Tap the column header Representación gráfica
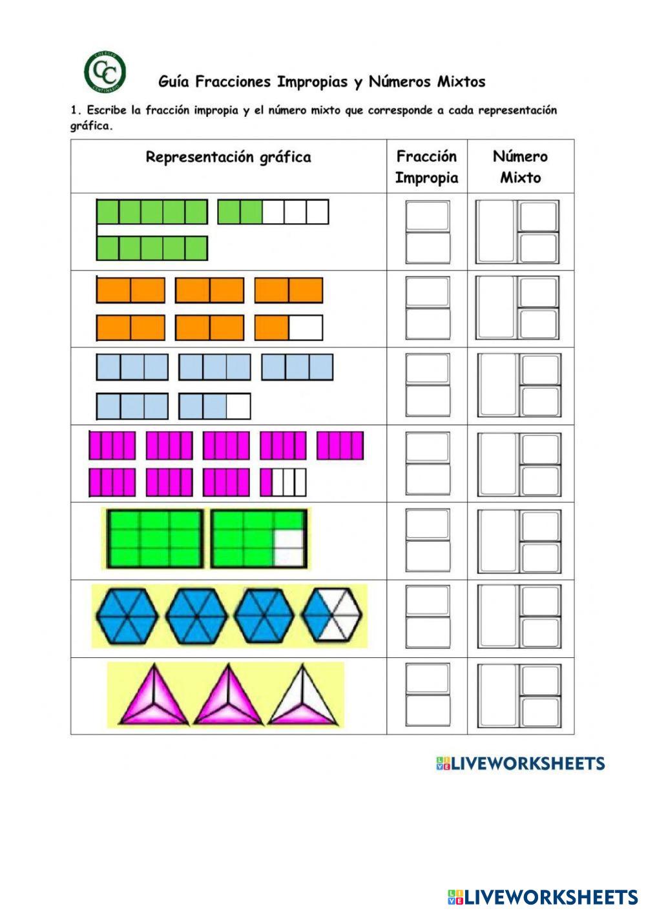click(x=228, y=157)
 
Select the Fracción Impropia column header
click(x=426, y=167)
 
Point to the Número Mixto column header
click(x=520, y=167)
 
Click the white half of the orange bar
click(x=305, y=327)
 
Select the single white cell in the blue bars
click(x=238, y=406)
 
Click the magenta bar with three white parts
click(x=283, y=482)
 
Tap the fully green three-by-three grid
click(x=156, y=539)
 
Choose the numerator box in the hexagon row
click(x=428, y=600)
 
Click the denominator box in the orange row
click(x=428, y=323)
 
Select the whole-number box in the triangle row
click(x=497, y=695)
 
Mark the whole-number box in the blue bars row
click(x=497, y=385)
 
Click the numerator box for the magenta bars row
click(x=428, y=446)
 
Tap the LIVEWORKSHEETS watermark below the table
click(x=521, y=764)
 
